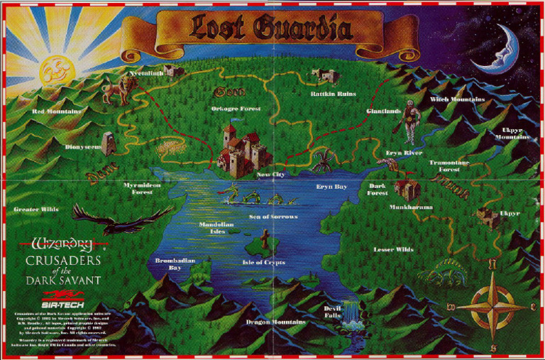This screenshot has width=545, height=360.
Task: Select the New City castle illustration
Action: coord(241,148)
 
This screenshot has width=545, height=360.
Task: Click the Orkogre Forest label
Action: coord(236,109)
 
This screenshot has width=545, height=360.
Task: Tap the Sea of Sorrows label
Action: coord(273,216)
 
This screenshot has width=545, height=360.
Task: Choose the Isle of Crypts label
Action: coord(263,262)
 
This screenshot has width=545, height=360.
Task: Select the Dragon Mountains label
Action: coord(276,322)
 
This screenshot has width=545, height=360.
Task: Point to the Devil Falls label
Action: coord(333,312)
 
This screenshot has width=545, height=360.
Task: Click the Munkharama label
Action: coord(411,207)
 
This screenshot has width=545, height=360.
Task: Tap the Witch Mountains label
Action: coord(457,99)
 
